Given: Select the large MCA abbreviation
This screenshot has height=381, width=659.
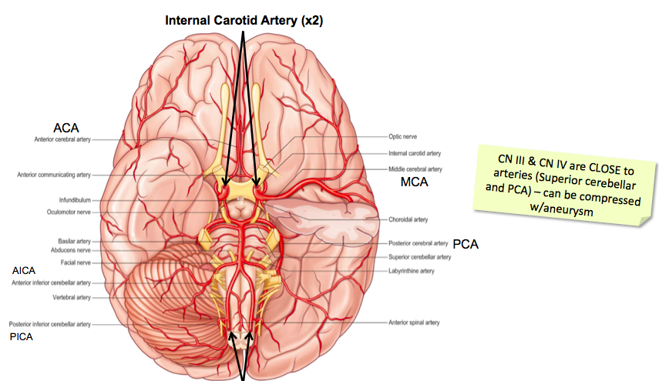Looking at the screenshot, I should coord(413,183).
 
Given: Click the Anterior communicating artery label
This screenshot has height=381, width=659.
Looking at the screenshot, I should coord(54,175).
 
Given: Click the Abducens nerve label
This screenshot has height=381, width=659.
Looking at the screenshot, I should coord(72,250).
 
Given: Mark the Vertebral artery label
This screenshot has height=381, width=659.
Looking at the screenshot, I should coord(72,297).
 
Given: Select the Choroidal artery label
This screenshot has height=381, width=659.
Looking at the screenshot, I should coord(409,219).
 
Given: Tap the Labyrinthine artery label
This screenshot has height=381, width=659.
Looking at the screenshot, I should coord(411,270).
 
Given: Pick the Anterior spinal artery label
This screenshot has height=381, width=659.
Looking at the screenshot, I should coord(414,322).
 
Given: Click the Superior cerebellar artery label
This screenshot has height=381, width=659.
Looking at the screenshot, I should coord(419,256).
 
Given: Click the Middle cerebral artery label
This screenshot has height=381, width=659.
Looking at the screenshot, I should coord(415,169).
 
